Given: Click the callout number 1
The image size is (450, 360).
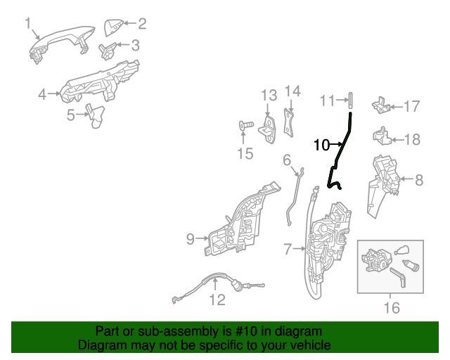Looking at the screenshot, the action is click(28, 23).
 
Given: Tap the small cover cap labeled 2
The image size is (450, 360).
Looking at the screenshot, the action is click(113, 27).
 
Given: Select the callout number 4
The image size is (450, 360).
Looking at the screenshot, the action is click(42, 94).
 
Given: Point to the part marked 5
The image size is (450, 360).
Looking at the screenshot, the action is click(96, 116).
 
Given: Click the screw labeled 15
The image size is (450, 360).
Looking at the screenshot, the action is click(246, 125).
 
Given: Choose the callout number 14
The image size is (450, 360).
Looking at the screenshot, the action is click(292, 91).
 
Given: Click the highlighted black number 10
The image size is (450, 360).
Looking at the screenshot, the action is click(322, 145).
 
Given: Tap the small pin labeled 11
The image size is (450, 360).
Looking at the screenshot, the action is click(350, 100).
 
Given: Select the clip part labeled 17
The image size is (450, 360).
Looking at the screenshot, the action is click(380, 105).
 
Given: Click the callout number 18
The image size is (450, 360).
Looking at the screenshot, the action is click(413, 139).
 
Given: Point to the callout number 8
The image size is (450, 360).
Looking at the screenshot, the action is click(419, 180).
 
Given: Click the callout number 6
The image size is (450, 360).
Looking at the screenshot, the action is click(287, 160).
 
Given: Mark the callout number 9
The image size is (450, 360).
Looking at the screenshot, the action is click(191, 239).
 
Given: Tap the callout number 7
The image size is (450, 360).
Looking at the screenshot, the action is click(288, 249).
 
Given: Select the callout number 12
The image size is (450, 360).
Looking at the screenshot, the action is click(217, 300).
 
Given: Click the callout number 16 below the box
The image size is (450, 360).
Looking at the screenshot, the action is click(392, 308).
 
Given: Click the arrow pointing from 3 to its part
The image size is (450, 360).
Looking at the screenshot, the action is click(123, 44).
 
